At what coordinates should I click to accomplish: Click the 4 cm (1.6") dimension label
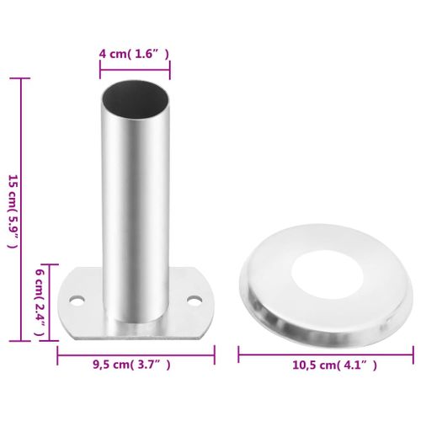click(135, 54)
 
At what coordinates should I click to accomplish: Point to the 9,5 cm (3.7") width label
click(135, 364)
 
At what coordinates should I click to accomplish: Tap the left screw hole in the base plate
click(77, 300)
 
